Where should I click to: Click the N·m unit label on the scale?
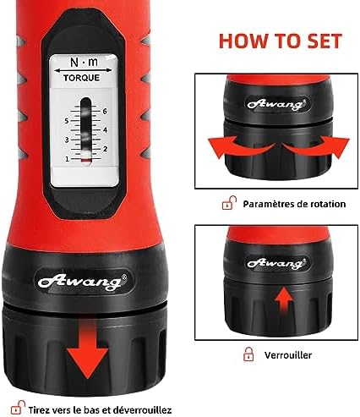81,62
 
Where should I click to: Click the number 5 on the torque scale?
65,121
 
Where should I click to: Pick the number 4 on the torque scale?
103,130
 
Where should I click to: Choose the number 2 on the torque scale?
103,149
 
